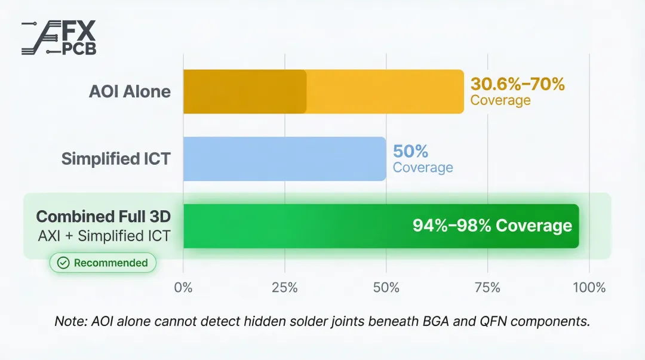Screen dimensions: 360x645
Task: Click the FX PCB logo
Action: point(59,39)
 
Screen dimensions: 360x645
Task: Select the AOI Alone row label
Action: point(130,91)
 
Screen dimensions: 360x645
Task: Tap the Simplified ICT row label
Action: point(116,159)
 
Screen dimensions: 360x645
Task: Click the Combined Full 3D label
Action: point(103,216)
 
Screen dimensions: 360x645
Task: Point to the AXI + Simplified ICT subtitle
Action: point(104,236)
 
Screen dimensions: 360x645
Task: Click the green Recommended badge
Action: point(103,263)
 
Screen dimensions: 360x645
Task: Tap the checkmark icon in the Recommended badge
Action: point(63,263)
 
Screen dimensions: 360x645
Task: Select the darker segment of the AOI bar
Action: point(245,91)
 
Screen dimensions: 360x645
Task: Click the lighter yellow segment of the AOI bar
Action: point(385,91)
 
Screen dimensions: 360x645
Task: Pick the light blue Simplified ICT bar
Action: point(284,159)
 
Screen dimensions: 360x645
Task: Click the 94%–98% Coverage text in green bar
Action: point(492,226)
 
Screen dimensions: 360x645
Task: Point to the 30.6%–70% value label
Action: point(517,84)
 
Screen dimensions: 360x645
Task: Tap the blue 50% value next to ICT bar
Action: point(410,151)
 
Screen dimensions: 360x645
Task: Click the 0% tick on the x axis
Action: point(183,287)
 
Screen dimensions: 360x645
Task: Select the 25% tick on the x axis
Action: point(285,287)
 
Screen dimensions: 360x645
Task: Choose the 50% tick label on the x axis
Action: point(386,287)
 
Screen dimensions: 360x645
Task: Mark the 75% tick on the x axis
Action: point(487,287)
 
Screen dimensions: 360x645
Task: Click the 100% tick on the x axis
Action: point(589,287)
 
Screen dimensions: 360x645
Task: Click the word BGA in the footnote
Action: point(438,321)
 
